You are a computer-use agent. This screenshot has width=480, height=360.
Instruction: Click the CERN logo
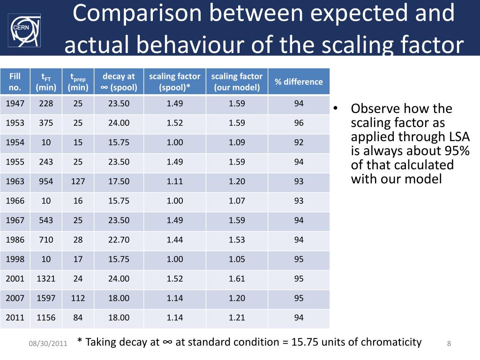click(x=25, y=30)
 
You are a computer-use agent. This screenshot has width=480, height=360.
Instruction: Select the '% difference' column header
click(x=299, y=82)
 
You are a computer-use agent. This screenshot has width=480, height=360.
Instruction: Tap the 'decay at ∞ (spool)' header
click(x=119, y=82)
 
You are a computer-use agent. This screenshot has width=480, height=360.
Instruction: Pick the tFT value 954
click(x=46, y=181)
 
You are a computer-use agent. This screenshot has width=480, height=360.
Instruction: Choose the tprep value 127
click(x=78, y=181)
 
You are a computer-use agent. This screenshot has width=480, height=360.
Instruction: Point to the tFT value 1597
click(x=46, y=298)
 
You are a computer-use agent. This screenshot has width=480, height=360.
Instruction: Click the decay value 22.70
click(x=119, y=240)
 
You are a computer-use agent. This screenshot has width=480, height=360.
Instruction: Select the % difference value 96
click(x=299, y=123)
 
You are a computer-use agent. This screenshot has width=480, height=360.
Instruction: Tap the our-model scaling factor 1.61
click(x=237, y=279)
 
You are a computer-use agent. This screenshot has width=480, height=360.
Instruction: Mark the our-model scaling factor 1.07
click(x=237, y=201)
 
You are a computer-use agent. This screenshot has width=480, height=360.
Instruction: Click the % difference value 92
click(x=299, y=142)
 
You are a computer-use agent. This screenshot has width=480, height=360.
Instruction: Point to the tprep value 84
click(x=78, y=318)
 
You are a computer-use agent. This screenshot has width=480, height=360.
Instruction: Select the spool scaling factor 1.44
click(x=174, y=240)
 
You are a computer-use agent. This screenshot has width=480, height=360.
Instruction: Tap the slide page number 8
click(x=449, y=344)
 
